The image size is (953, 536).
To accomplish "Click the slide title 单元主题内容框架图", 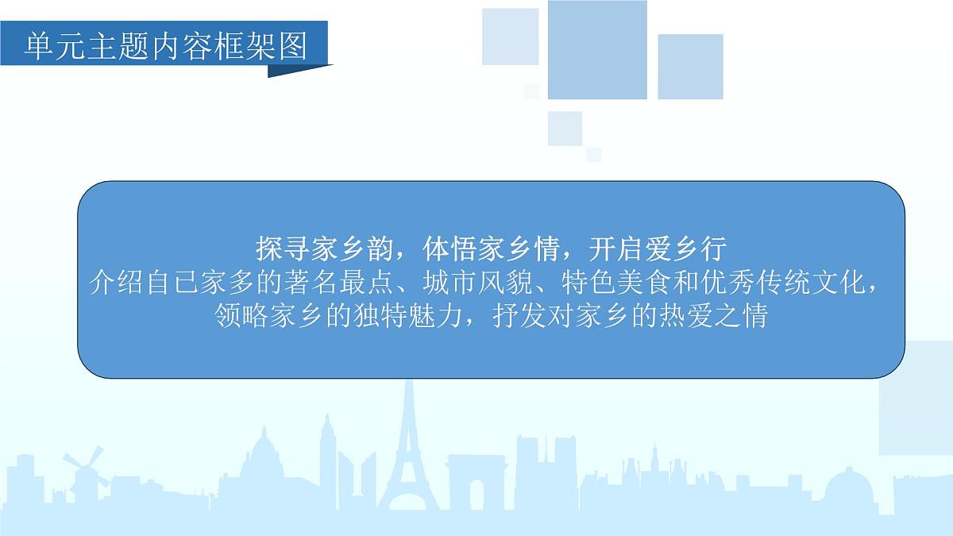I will pos(165,47).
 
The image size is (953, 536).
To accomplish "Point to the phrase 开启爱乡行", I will pos(658,249).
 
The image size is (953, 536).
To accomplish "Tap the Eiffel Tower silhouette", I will pos(408,453).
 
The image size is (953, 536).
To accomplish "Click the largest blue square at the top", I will pos(597,49).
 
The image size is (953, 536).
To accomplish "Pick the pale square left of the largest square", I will pos(510,37).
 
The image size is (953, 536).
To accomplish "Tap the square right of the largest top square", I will pos(690,67).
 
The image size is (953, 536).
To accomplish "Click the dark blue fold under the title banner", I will pos(297,71).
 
